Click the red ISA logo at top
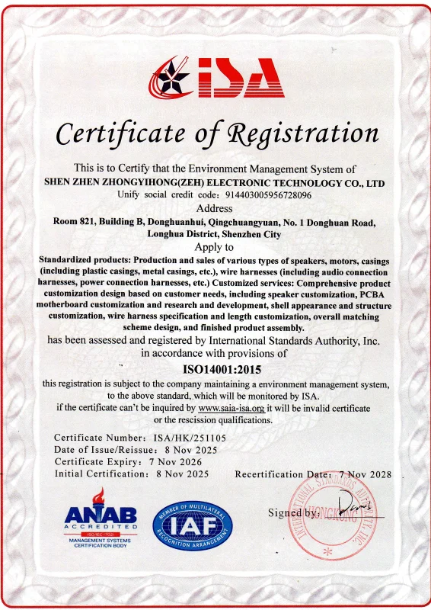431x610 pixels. [217, 80]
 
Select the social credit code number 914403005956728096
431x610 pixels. [267, 195]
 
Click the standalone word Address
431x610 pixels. [216, 208]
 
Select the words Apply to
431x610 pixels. [216, 247]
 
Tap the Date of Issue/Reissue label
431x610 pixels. [99, 450]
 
